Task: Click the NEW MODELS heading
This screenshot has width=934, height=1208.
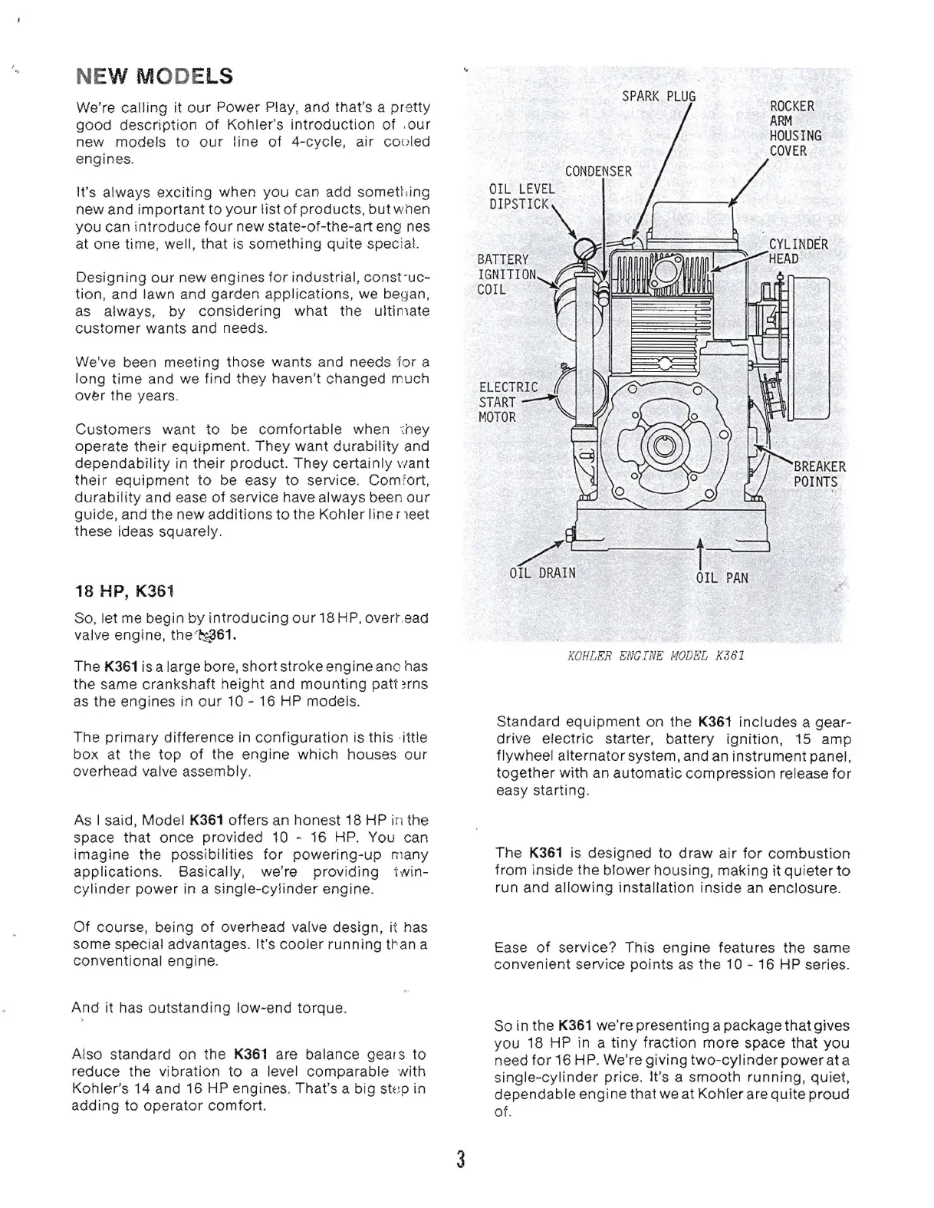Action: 154,77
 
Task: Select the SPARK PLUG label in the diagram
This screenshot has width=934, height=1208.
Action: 658,96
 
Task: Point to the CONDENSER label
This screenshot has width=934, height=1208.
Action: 598,171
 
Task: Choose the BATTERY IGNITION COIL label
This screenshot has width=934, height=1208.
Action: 505,275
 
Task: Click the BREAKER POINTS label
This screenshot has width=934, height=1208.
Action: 819,474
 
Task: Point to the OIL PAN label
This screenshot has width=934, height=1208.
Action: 721,578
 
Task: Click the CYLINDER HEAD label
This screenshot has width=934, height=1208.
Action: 798,252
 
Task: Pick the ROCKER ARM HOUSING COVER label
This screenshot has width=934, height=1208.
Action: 794,128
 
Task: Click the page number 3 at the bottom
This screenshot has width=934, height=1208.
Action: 461,1159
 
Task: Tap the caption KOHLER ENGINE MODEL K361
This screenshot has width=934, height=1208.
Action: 655,656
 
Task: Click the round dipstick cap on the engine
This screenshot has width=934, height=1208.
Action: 586,247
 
